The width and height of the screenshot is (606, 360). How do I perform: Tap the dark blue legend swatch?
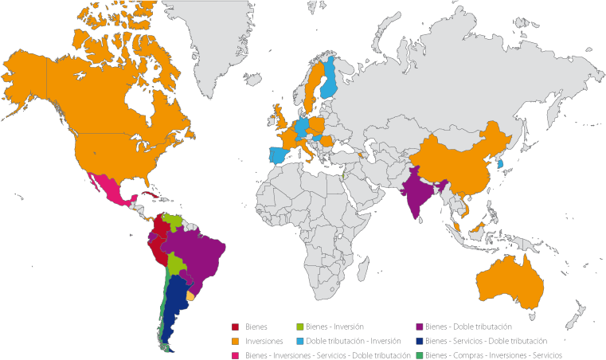pos(420,341)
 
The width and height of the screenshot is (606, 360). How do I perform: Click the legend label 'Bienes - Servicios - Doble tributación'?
pos(487,341)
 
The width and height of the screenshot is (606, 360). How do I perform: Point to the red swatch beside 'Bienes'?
pos(236,327)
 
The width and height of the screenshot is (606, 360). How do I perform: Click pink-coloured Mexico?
pos(111,191)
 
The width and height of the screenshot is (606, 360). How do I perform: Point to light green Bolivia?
pos(178,263)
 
